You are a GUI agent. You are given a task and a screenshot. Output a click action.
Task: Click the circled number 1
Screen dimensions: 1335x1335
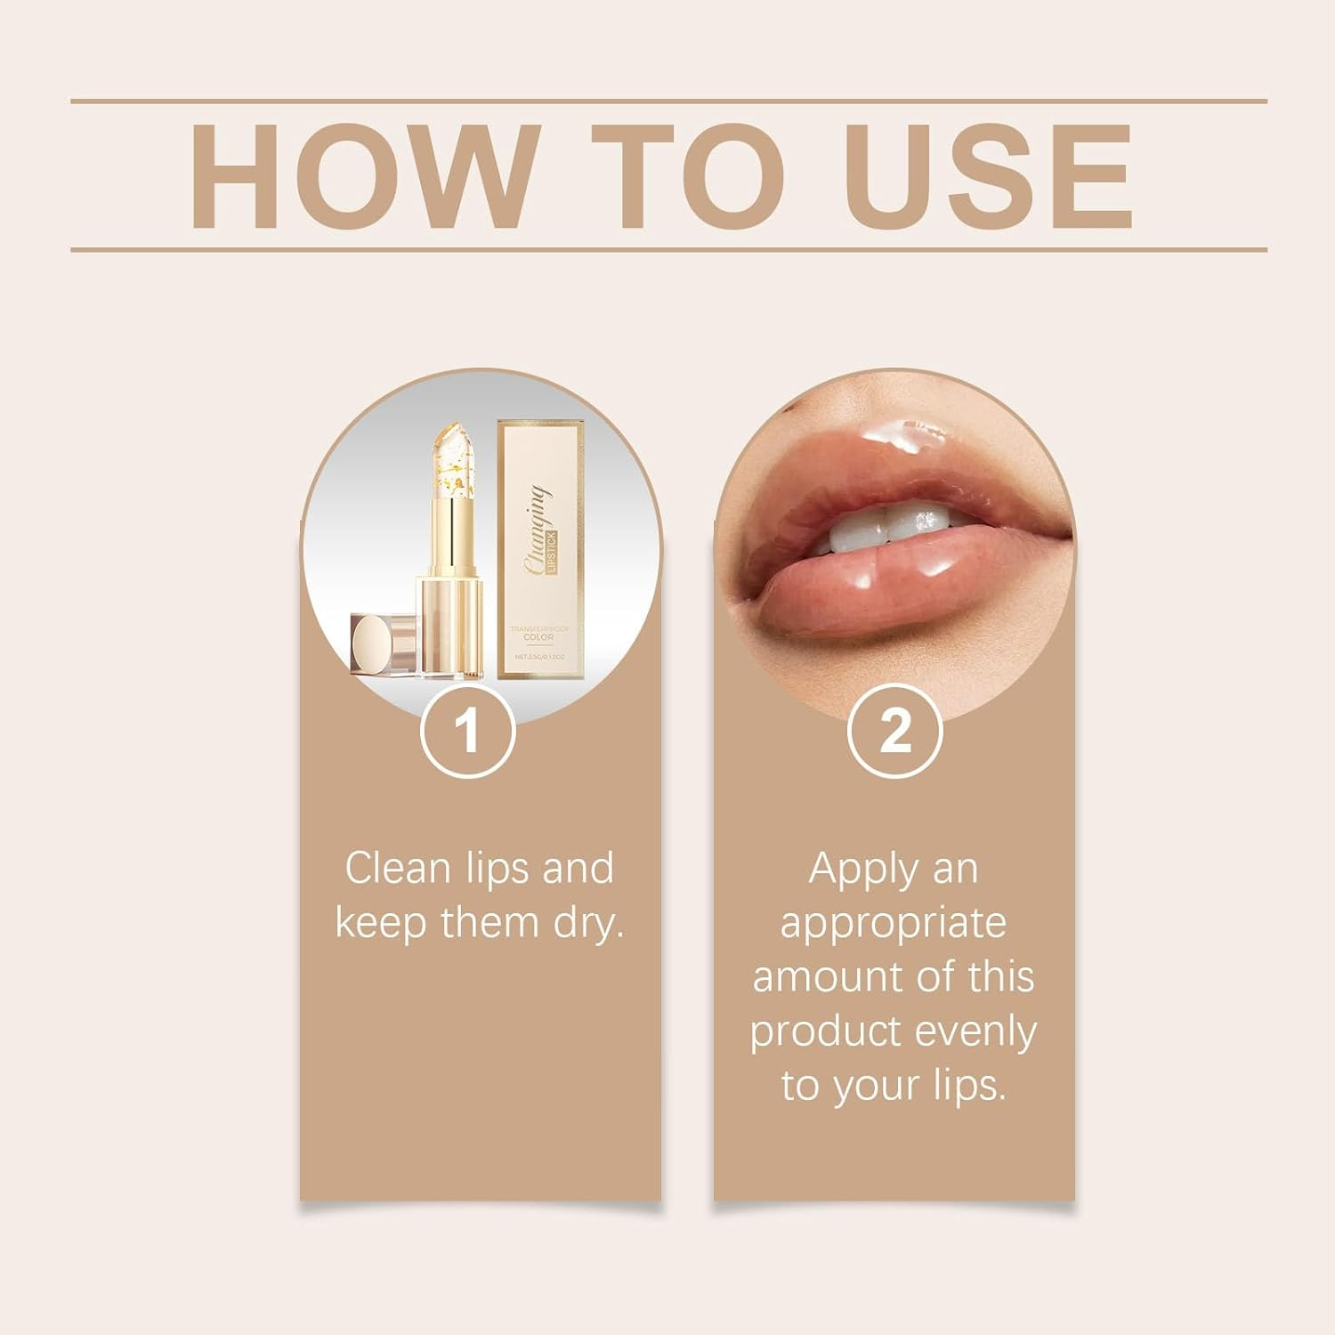[467, 732]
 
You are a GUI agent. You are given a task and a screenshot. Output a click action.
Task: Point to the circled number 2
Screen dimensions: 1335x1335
[894, 732]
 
